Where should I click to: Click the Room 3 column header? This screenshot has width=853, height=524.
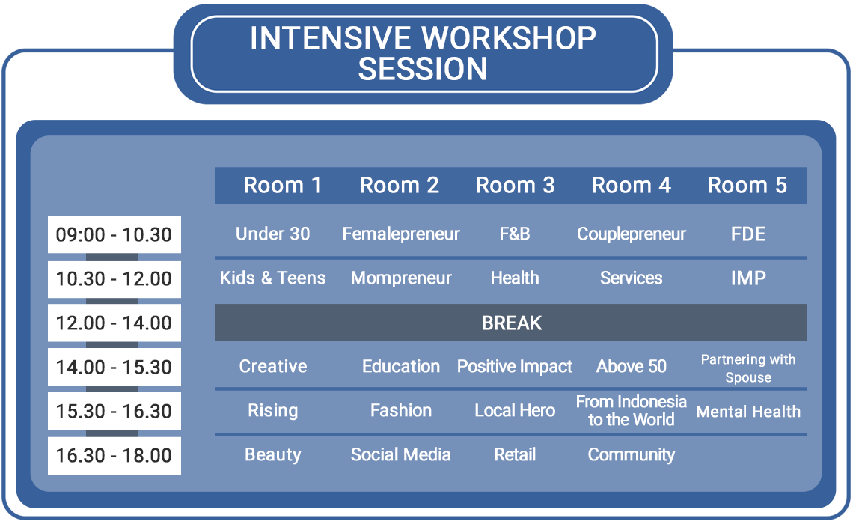point(515,186)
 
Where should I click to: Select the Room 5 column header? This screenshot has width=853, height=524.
point(747,186)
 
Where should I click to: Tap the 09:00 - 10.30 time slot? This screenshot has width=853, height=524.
point(114,234)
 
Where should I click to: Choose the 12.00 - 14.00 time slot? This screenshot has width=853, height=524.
point(114,323)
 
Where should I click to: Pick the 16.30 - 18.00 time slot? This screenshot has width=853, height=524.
point(114,455)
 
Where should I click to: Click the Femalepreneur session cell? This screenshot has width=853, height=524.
point(401,234)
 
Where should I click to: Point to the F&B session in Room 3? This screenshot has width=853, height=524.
point(515,234)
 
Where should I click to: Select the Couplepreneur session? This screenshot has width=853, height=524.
point(631,234)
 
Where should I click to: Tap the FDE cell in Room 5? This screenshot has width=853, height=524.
point(748,234)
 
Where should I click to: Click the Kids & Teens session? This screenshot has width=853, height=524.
point(272,278)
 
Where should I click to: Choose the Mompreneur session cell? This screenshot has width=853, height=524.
point(401,278)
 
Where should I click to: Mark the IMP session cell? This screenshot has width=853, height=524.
point(748,278)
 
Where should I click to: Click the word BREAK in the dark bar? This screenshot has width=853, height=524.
point(511,323)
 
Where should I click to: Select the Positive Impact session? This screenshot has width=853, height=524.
point(515,367)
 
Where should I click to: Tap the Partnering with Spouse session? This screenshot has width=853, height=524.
point(748,368)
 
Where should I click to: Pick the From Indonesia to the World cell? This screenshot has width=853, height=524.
point(631,411)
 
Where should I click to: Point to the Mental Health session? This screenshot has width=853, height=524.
point(748,412)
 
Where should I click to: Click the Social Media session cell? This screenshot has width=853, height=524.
point(401,455)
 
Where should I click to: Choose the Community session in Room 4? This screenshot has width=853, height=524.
point(631,455)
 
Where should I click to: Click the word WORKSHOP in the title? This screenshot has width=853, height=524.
point(509,38)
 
